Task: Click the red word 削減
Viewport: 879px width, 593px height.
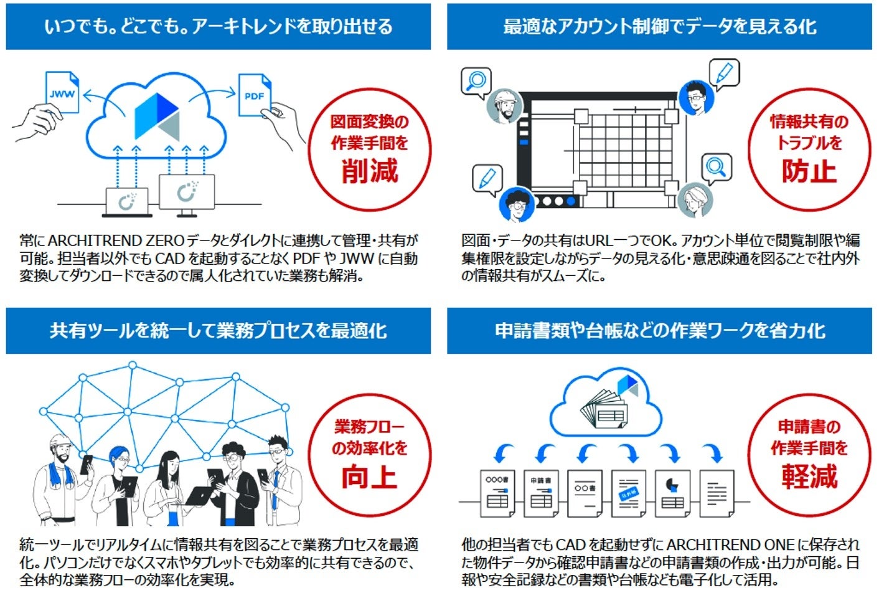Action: tap(369, 170)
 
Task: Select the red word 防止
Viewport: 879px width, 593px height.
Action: tap(809, 170)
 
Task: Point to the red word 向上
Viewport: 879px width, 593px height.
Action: tap(369, 477)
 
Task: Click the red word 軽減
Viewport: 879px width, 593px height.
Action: tap(809, 477)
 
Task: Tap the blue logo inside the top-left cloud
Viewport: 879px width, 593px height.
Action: tap(156, 116)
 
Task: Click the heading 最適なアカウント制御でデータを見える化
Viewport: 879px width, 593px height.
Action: tap(659, 27)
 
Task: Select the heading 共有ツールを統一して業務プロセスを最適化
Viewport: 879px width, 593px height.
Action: tap(218, 331)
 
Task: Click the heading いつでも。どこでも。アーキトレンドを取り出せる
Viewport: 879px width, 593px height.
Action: tap(218, 27)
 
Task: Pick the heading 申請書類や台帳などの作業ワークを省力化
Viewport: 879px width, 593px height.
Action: tap(659, 331)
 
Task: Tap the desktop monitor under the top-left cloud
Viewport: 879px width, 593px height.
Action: tap(186, 193)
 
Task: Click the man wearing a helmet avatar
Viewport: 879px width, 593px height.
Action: tap(503, 106)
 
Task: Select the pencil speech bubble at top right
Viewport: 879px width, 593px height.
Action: tap(723, 74)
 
